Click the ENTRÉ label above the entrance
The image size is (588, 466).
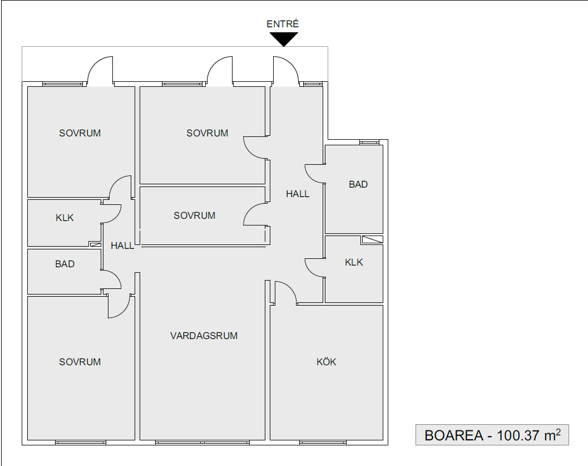tap(283, 24)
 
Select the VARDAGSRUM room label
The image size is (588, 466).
tap(204, 336)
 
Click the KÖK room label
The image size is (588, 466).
tap(326, 362)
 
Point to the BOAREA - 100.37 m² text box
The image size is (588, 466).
tap(492, 435)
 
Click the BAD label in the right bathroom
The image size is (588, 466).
tap(358, 184)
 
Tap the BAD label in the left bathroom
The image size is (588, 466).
tap(65, 264)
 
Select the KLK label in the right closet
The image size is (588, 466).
tap(354, 262)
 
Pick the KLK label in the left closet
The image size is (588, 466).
tap(65, 218)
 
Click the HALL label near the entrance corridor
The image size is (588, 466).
tap(298, 194)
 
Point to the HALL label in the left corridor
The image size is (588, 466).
tap(122, 246)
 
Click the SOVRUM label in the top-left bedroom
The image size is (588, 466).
tap(80, 133)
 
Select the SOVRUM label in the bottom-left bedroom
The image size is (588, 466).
tap(80, 362)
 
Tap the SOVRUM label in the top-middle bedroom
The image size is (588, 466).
tap(207, 133)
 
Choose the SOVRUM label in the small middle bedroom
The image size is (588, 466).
tap(195, 216)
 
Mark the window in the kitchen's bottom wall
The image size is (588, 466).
tap(323, 443)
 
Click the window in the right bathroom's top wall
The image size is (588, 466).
tap(369, 142)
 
